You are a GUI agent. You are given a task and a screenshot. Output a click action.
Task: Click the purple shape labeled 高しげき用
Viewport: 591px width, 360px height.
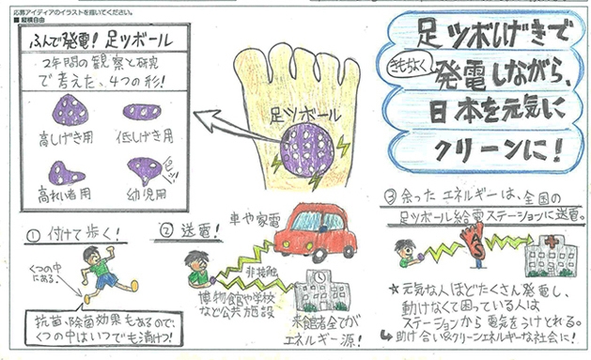(70, 114)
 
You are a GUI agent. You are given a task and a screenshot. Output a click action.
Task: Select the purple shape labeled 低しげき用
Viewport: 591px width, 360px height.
(144, 114)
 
